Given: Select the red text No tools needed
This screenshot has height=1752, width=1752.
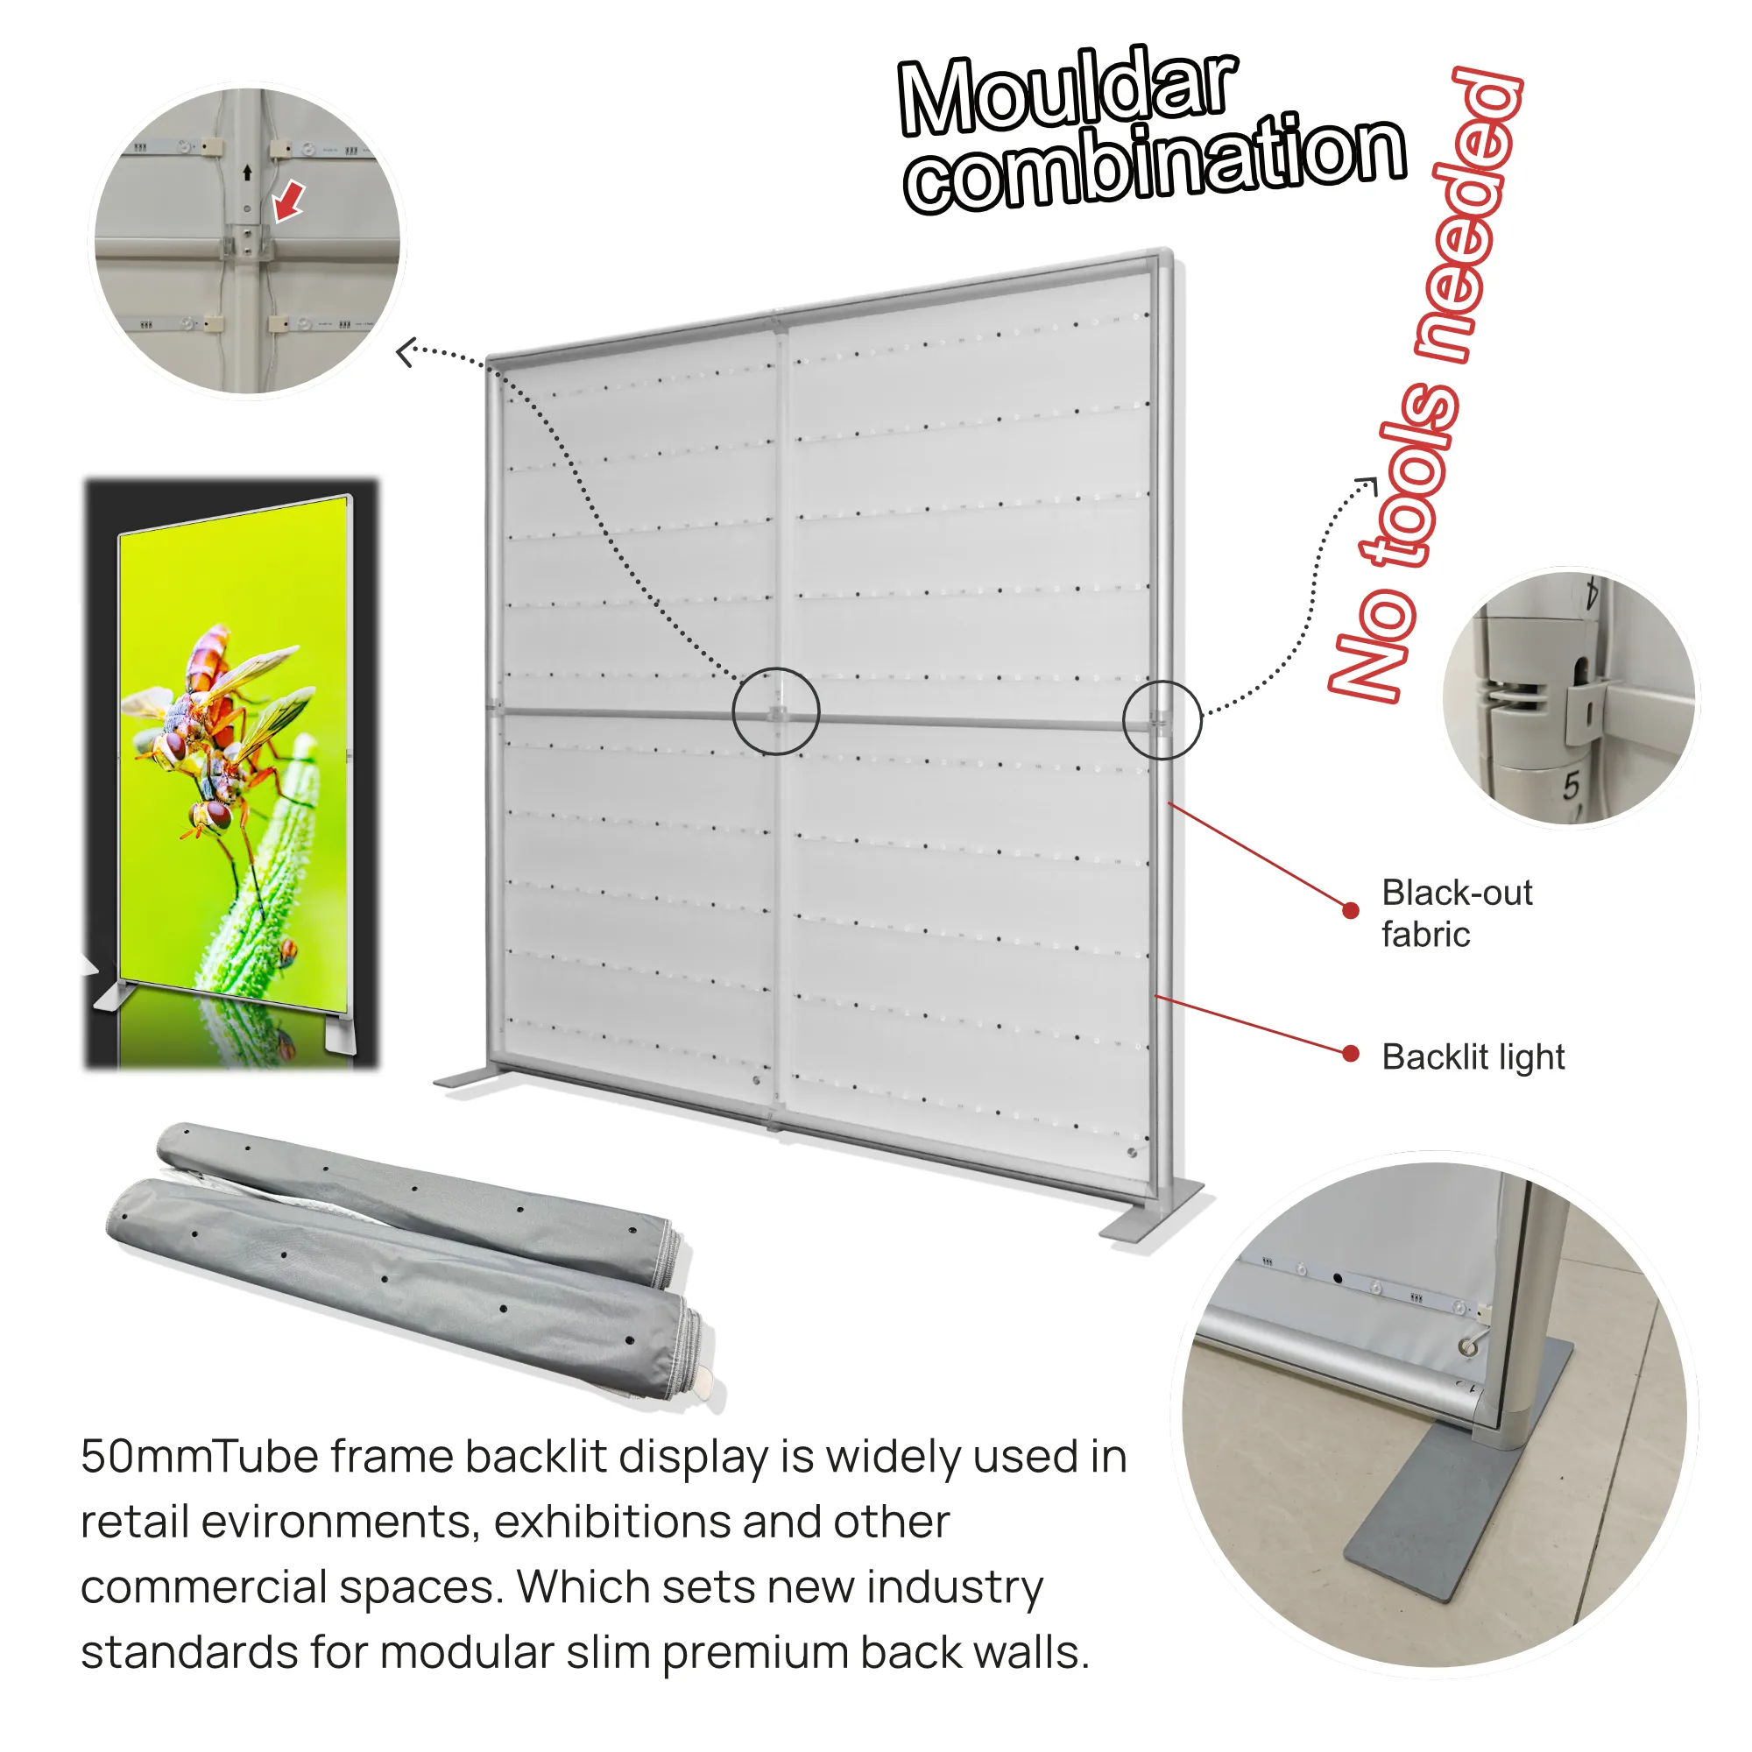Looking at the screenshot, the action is pos(1423,385).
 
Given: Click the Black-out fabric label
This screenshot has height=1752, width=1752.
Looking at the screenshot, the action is pos(1457,913).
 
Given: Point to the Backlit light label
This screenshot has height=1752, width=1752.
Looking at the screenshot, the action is pos(1473,1057).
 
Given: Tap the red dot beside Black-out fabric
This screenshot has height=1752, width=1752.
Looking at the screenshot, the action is pos(1350,910).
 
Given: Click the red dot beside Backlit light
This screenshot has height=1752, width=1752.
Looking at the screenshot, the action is pos(1350,1053).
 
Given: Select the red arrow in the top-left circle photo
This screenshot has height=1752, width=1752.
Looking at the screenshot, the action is pos(289,201).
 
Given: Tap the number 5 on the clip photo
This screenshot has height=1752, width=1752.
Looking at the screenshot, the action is pos(1571,785).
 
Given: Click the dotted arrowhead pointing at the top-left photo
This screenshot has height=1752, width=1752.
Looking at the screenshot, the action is pos(406,351).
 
